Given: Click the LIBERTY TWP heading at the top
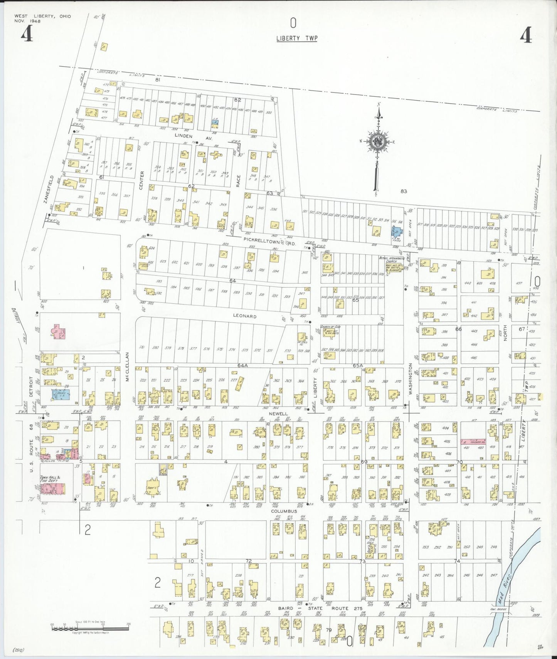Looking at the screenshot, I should (296, 38).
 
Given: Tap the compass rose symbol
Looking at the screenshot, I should (378, 141).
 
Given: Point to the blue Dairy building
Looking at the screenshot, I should (61, 394).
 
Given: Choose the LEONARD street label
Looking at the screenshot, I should (244, 316).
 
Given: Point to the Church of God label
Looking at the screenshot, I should (330, 327).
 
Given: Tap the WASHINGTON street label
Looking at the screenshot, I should (411, 379).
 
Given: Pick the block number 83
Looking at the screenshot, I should (404, 191).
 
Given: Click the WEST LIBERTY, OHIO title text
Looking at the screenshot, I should (42, 17).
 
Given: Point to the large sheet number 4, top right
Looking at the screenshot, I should (526, 36).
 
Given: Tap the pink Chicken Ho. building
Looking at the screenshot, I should (473, 442).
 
